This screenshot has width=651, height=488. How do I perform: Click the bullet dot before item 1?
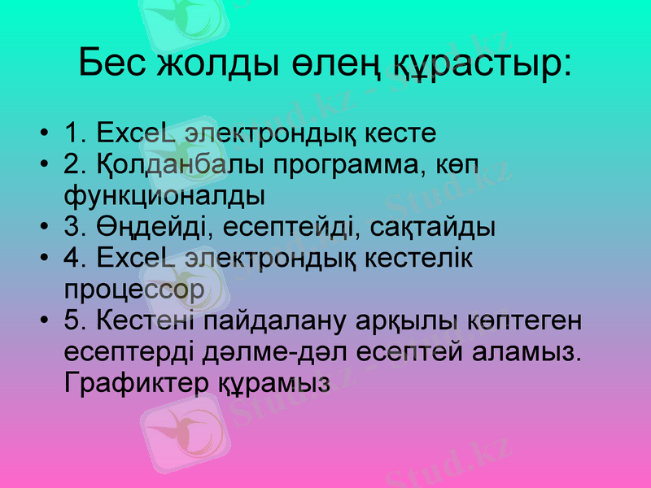[42, 133]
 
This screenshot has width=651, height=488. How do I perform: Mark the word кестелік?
[429, 258]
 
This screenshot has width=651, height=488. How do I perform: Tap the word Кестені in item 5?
[146, 320]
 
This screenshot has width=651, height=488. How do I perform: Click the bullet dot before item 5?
[42, 321]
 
